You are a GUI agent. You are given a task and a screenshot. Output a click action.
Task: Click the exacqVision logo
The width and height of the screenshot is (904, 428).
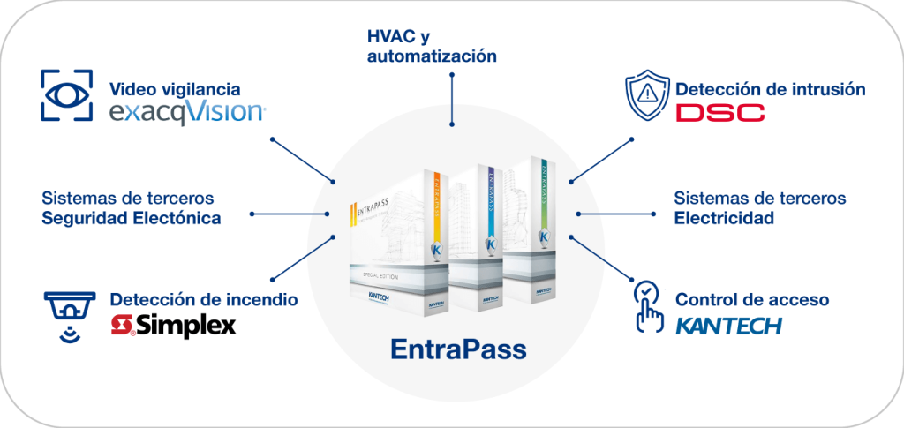pyautogui.click(x=186, y=113)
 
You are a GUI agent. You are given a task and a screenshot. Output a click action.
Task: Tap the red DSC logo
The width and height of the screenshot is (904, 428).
pyautogui.click(x=719, y=113)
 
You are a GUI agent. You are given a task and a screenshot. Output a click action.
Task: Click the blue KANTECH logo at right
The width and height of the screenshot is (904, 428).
pyautogui.click(x=728, y=326)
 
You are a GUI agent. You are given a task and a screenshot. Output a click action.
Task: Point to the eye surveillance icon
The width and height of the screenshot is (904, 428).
pyautogui.click(x=67, y=94)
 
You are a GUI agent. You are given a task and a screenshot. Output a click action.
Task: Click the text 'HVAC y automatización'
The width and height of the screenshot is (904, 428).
pyautogui.click(x=432, y=47)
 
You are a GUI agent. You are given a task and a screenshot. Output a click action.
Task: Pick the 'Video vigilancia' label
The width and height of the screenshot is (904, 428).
pyautogui.click(x=174, y=89)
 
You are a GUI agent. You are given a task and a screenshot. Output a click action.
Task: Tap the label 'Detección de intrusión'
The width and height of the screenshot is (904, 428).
pyautogui.click(x=770, y=89)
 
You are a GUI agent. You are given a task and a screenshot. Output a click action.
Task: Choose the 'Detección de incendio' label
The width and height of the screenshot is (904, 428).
pyautogui.click(x=203, y=300)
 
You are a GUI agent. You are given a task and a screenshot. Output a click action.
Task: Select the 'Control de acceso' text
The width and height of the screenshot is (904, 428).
pyautogui.click(x=752, y=300)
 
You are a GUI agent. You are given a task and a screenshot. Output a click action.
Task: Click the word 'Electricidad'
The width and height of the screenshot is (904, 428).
pyautogui.click(x=724, y=217)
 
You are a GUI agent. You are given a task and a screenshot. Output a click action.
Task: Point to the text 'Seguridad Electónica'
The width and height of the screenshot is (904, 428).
pyautogui.click(x=132, y=217)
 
